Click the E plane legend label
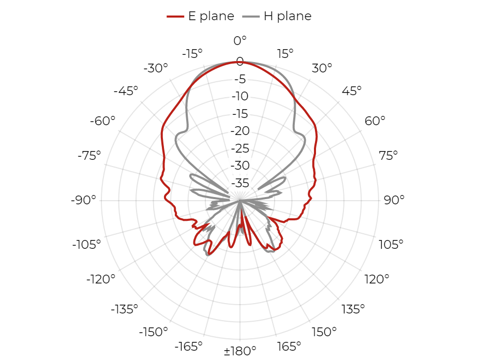[x=211, y=16]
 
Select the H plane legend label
[x=288, y=16]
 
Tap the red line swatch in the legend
[x=175, y=17]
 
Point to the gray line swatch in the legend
[x=251, y=17]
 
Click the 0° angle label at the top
[x=240, y=40]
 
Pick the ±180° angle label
[x=240, y=351]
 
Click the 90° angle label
[x=394, y=200]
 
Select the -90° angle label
[x=83, y=200]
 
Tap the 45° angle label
[x=352, y=91]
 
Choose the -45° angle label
[x=126, y=91]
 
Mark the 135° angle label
[x=353, y=309]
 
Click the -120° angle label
[x=101, y=279]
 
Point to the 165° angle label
[x=289, y=346]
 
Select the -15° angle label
[x=192, y=54]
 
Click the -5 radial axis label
[x=240, y=79]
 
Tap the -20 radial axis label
[x=240, y=131]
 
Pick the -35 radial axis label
[x=240, y=183]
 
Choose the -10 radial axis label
[x=240, y=96]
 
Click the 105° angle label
[x=391, y=245]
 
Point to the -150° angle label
[x=154, y=332]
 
